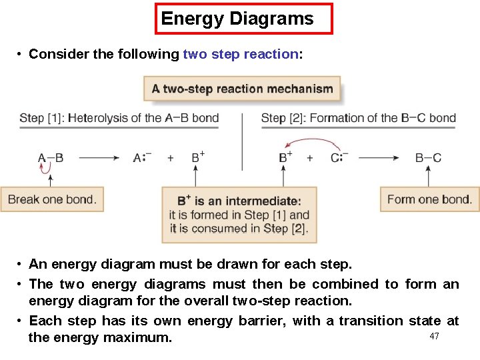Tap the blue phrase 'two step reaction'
coord(241,55)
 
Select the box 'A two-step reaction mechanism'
coord(242,89)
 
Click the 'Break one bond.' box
coord(52,199)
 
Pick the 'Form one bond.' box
coord(429,199)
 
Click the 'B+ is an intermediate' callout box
coord(239,215)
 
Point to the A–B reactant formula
coord(50,158)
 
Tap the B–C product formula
coord(428,158)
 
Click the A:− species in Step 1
coord(143,158)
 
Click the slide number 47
coord(435,336)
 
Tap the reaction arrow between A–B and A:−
coord(99,158)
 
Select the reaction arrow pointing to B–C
coord(379,158)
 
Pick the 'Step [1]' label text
coord(41,118)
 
